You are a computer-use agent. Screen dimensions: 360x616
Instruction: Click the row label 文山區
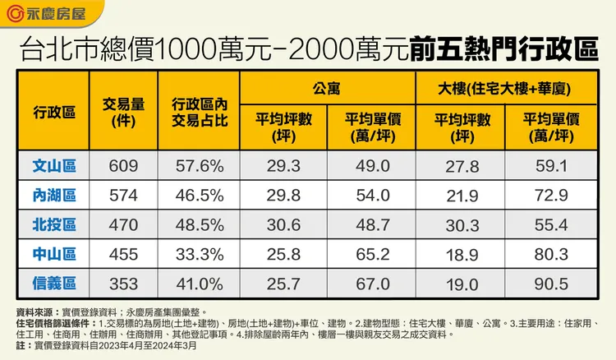[x=54, y=166]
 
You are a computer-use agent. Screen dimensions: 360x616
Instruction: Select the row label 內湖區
[x=54, y=195]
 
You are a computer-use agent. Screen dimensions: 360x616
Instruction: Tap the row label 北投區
[x=54, y=224]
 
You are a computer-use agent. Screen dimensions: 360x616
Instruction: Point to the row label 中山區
[x=54, y=254]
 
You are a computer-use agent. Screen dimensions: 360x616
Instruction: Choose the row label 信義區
[x=54, y=284]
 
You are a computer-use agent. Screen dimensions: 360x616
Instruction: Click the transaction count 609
[x=123, y=166]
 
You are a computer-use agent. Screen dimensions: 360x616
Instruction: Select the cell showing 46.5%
[x=199, y=196]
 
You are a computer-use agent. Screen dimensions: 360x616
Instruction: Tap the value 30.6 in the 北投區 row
[x=284, y=225]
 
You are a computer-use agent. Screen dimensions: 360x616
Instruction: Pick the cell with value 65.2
[x=372, y=254]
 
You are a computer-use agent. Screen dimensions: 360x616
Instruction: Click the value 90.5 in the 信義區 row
[x=551, y=284]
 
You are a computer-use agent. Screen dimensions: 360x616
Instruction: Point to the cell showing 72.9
[x=551, y=196]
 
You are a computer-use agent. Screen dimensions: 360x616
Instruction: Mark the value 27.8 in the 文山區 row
[x=462, y=167]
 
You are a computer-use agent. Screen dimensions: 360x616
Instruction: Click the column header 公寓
[x=327, y=85]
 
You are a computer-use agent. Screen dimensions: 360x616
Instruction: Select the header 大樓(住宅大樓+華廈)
[x=506, y=85]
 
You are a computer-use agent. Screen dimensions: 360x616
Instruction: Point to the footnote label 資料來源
[x=34, y=313]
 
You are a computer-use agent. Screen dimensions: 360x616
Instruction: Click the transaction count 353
[x=123, y=284]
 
